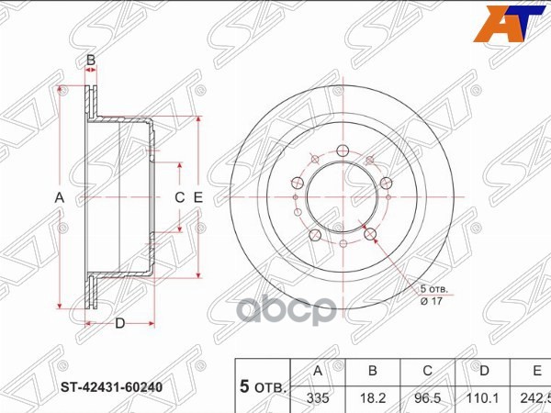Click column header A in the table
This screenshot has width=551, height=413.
click(x=318, y=371)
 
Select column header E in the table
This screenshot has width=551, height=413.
click(x=536, y=371)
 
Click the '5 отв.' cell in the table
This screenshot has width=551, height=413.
click(x=264, y=385)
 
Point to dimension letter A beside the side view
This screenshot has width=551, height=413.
click(x=59, y=197)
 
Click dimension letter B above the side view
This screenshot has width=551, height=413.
click(x=91, y=61)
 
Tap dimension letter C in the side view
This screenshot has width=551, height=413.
click(x=180, y=197)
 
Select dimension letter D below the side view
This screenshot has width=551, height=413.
click(x=120, y=322)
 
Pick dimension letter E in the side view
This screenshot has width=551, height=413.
click(x=197, y=197)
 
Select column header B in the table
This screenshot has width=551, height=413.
click(x=374, y=371)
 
